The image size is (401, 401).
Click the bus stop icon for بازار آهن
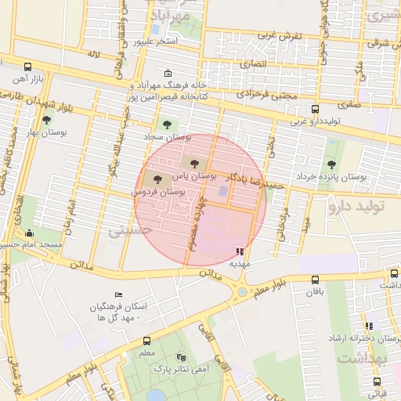[28, 67]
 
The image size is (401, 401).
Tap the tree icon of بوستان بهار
[47, 121]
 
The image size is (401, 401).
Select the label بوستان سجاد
[161, 136]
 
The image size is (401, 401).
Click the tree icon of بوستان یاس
[193, 163]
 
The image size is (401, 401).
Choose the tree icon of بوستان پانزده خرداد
[331, 164]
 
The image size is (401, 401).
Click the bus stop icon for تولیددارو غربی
[316, 109]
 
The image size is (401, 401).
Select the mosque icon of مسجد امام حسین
[30, 233]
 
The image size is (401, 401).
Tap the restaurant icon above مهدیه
[239, 252]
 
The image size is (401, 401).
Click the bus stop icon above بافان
[315, 280]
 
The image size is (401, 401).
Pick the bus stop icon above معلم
[146, 341]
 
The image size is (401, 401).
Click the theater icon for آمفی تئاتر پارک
[182, 356]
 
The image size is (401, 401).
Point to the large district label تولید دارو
[363, 207]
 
